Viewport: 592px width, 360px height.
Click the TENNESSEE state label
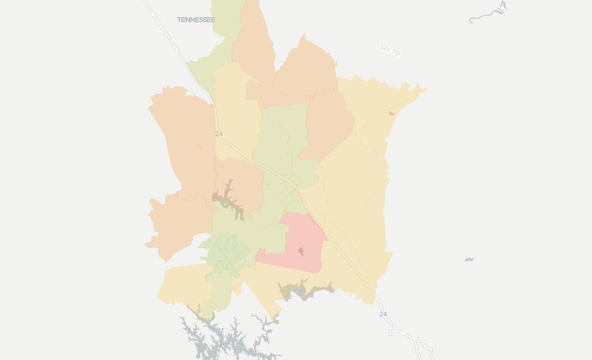196,20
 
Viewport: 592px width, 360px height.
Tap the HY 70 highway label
390,50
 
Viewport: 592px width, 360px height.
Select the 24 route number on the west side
219,134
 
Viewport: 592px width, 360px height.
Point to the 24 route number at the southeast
383,314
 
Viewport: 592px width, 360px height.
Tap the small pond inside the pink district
301,251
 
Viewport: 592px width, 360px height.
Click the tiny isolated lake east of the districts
469,260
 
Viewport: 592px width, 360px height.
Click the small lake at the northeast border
392,113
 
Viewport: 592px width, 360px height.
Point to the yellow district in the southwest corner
180,285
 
